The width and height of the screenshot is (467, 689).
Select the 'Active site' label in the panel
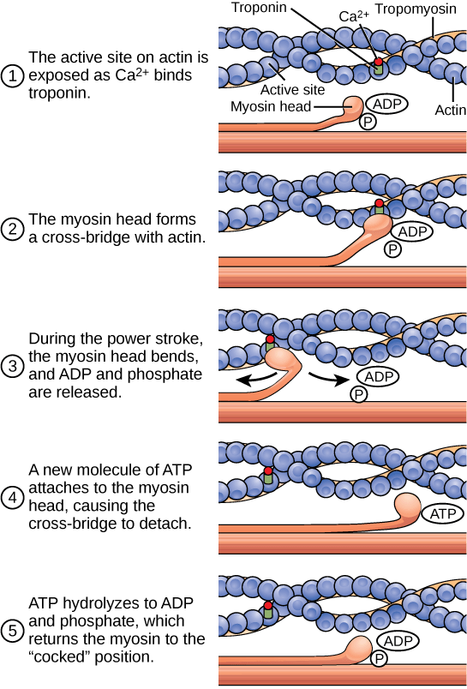click(x=288, y=87)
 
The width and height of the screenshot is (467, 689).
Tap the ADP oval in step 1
click(x=386, y=105)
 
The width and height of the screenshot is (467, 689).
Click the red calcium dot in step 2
click(x=379, y=204)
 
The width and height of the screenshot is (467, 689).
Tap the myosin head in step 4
click(x=408, y=509)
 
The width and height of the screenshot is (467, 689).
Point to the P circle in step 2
click(x=392, y=249)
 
